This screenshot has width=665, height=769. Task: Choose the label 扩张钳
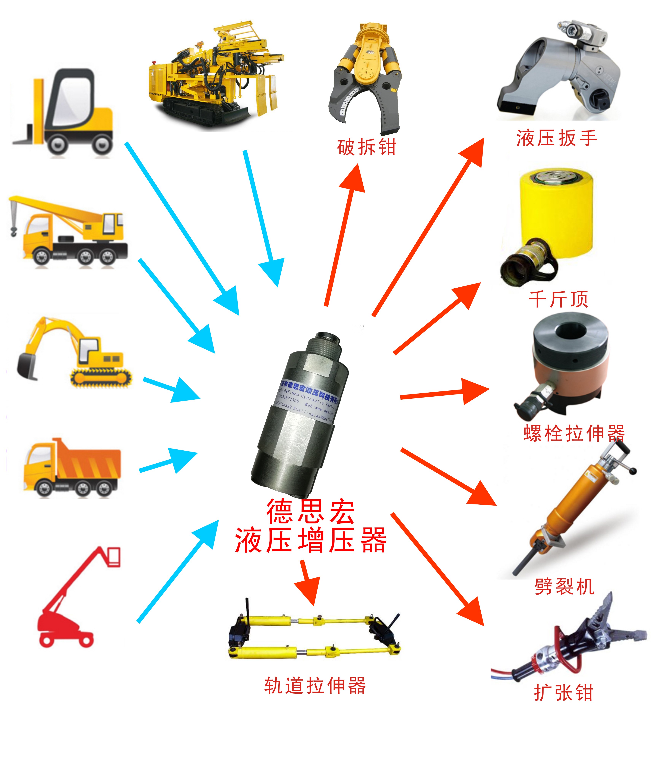pos(563,693)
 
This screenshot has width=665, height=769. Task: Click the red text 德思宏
pos(310,511)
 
